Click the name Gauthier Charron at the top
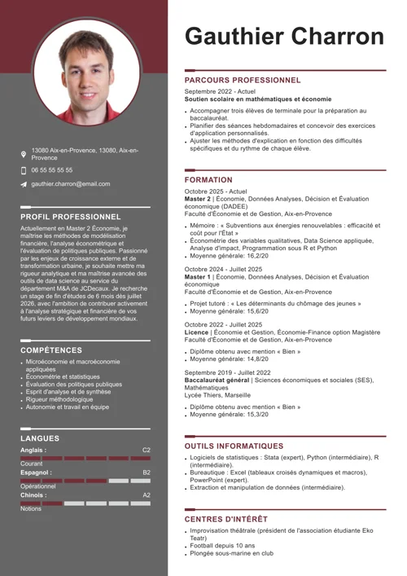pos(284,36)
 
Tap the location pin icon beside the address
pos(24,154)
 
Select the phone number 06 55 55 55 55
pos(52,170)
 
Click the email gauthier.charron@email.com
pos(71,185)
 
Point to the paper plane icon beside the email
pos(24,185)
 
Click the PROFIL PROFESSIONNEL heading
pos(71,217)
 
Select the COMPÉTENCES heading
pos(51,350)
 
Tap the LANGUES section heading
pos(40,438)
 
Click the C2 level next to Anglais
pos(147,450)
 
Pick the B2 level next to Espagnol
pos(147,473)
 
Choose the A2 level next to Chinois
pos(147,495)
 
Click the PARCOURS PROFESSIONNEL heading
pos(243,81)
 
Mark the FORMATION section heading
pos(208,179)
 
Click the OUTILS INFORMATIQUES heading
pos(234,446)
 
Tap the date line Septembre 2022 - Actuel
pos(220,92)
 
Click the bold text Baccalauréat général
pos(217,380)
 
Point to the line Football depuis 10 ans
pos(222,546)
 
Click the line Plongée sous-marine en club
pos(231,553)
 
